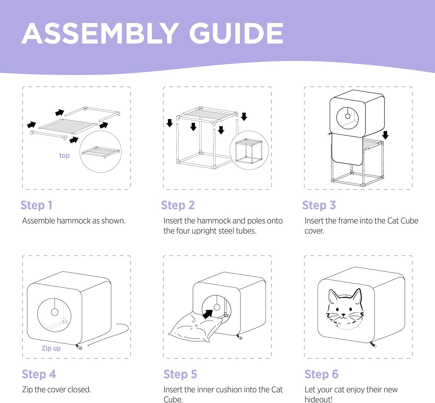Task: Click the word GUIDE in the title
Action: (236, 33)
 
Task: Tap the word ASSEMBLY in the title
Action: (100, 33)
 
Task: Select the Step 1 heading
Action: (37, 205)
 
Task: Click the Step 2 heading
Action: (178, 205)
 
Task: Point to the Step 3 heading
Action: (319, 205)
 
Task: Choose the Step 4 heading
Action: (39, 374)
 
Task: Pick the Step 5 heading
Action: (180, 374)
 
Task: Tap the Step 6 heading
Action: (321, 374)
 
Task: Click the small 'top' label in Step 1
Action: (64, 155)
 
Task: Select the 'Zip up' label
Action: (51, 348)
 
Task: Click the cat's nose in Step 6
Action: (344, 314)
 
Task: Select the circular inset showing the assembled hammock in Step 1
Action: (100, 151)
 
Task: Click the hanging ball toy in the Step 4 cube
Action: (55, 312)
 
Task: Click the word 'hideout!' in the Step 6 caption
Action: (318, 400)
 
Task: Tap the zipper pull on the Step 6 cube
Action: (373, 345)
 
